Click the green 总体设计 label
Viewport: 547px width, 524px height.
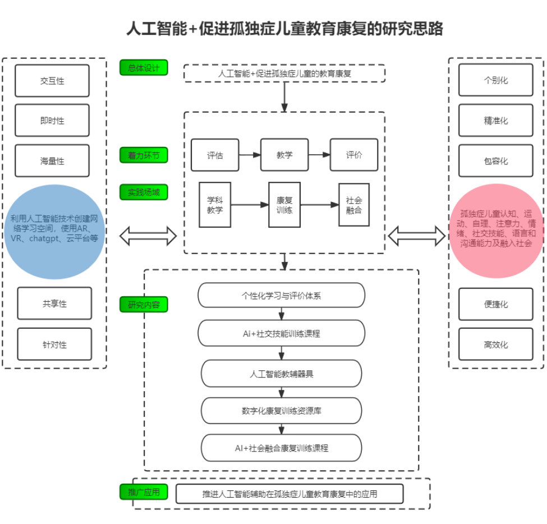click(144, 68)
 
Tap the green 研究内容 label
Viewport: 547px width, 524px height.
click(144, 305)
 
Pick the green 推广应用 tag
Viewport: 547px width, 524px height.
click(144, 492)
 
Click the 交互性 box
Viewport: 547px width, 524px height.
click(52, 81)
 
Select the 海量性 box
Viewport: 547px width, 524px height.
click(52, 161)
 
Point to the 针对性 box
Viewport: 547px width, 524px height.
click(54, 344)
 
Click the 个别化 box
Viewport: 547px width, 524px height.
click(496, 80)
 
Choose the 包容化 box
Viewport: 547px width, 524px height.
click(496, 161)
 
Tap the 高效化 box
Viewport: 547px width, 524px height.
click(496, 344)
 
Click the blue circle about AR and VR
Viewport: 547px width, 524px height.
click(54, 232)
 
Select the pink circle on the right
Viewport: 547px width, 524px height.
click(496, 231)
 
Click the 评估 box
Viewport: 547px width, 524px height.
click(215, 155)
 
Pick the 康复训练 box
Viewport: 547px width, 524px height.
click(284, 205)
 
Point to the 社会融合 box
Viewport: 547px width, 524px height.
click(354, 205)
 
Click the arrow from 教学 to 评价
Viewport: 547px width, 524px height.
click(319, 154)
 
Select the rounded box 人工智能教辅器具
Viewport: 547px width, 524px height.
click(281, 374)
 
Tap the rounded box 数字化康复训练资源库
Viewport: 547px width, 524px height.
click(281, 411)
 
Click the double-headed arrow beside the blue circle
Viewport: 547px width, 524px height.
click(148, 236)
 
